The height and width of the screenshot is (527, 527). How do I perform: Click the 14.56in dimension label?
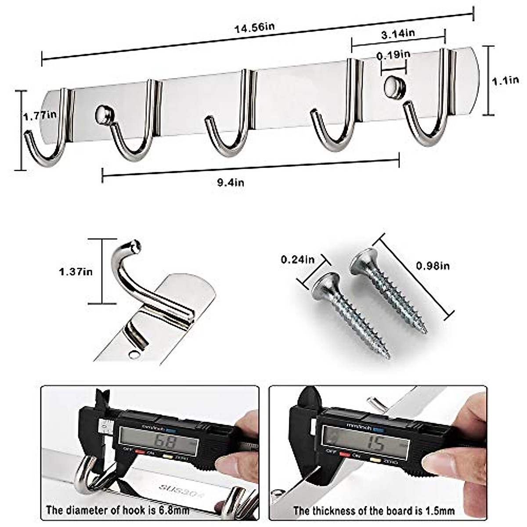[x=254, y=28]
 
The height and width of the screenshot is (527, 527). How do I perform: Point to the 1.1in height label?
[x=505, y=80]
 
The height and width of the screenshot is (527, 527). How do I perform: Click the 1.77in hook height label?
[x=40, y=116]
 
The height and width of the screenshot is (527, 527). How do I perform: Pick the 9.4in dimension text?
[x=231, y=181]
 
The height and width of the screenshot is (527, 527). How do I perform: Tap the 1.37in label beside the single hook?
[x=76, y=271]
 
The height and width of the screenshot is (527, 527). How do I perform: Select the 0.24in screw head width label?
[x=298, y=259]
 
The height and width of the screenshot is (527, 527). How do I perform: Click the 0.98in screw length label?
[x=433, y=265]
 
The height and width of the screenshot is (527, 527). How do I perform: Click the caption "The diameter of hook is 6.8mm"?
[x=118, y=510]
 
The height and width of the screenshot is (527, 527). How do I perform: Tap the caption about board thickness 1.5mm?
[x=374, y=510]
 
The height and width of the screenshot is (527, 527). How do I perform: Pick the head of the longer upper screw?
[x=363, y=260]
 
